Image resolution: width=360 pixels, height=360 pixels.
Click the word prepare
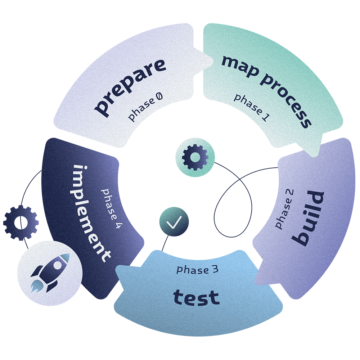pos(130,87)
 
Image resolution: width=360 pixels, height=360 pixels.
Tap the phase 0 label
pos(145,107)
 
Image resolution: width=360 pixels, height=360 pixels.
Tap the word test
pos(196,297)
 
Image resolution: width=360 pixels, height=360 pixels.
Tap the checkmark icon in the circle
pos(174,221)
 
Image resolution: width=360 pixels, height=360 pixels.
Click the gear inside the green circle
pos(195,157)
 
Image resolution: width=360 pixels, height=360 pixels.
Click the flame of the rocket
pos(35,285)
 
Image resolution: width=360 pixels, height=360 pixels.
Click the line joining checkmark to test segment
pos(165,243)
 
